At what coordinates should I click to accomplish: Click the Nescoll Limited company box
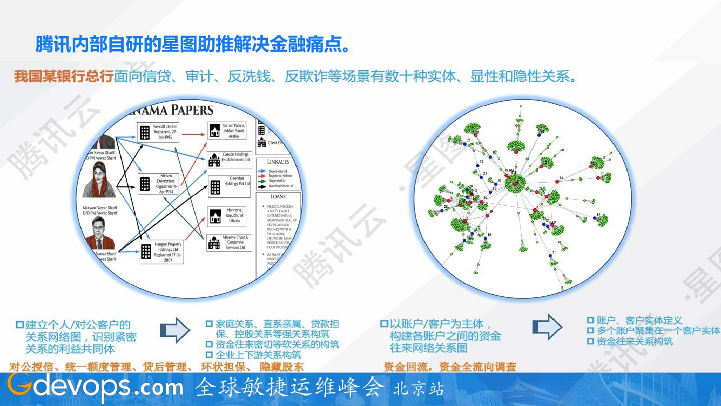pyautogui.click(x=158, y=132)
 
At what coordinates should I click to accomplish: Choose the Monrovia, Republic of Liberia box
pyautogui.click(x=228, y=216)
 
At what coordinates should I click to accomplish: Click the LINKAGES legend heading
pyautogui.click(x=278, y=162)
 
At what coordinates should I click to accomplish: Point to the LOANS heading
pyautogui.click(x=278, y=197)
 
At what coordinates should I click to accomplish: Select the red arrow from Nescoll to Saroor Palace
pyautogui.click(x=192, y=134)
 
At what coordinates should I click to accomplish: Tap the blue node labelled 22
pyautogui.click(x=465, y=143)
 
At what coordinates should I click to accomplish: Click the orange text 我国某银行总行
pyautogui.click(x=64, y=77)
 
